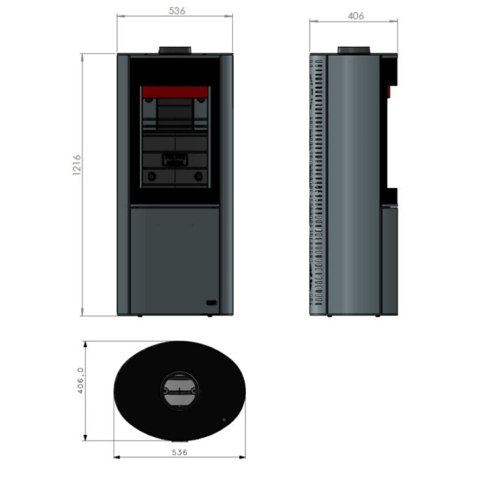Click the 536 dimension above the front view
coord(177,11)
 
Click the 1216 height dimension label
coord(77,165)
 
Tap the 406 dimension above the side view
coord(356,16)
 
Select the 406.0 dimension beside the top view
coord(80,381)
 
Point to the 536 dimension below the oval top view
coord(179,452)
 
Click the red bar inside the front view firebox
coord(175,92)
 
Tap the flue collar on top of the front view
coord(175,51)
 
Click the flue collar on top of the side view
coord(353,51)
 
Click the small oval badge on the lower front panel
coord(212,303)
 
